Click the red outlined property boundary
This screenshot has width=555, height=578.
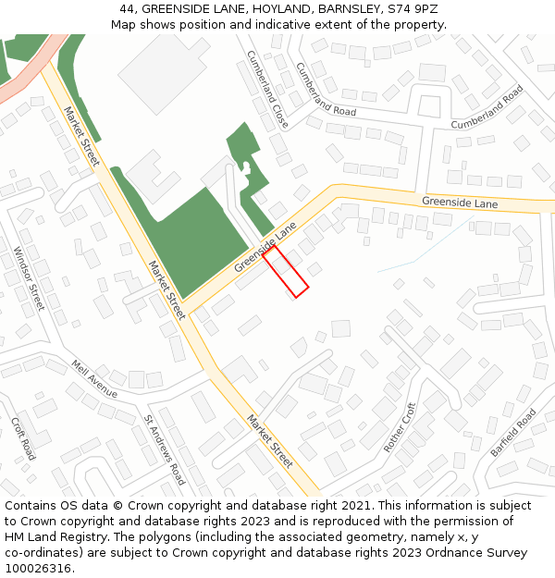(x=286, y=271)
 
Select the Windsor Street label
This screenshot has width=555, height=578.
(x=29, y=278)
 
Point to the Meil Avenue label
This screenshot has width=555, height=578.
(x=94, y=379)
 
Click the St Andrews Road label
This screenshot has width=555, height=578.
(x=165, y=449)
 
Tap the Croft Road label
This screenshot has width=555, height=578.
(x=23, y=438)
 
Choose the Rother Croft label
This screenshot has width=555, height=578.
(x=400, y=427)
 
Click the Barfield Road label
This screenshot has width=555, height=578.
(x=512, y=432)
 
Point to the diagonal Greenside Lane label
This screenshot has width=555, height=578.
(x=265, y=246)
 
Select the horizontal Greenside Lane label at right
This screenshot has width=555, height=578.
(x=460, y=203)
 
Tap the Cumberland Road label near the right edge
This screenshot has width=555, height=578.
(x=487, y=107)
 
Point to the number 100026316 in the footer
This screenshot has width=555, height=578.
(x=38, y=568)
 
